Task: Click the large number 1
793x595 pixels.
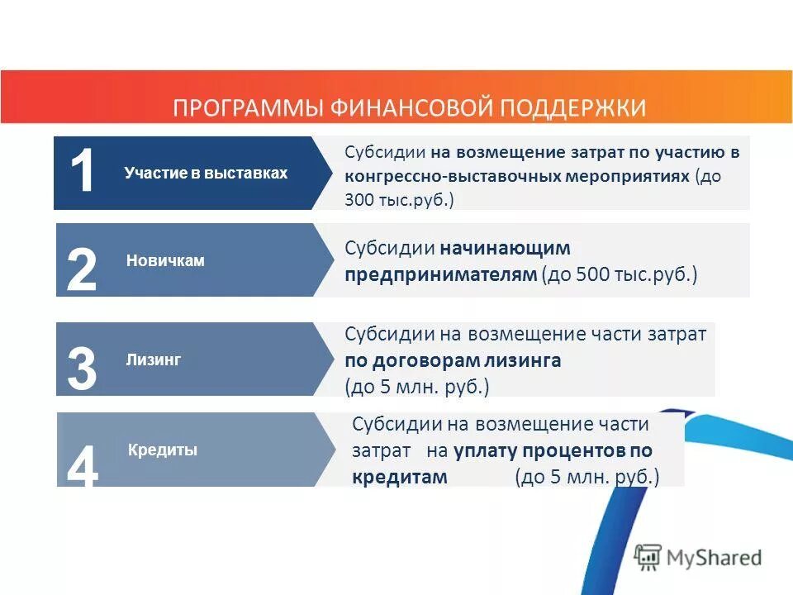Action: click(83, 173)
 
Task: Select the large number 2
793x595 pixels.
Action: click(81, 269)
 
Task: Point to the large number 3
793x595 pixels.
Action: click(81, 369)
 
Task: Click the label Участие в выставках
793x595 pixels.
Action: click(206, 173)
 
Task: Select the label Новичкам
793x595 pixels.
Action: click(165, 260)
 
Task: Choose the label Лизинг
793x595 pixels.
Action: click(153, 359)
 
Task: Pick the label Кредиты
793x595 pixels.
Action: click(163, 450)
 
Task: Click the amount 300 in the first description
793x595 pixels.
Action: click(360, 200)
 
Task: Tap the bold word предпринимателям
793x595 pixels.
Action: click(440, 274)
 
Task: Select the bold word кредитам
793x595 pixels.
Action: click(400, 477)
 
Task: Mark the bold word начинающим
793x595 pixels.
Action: click(505, 248)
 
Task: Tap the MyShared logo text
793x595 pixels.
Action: click(715, 558)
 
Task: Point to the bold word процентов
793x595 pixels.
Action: click(573, 450)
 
